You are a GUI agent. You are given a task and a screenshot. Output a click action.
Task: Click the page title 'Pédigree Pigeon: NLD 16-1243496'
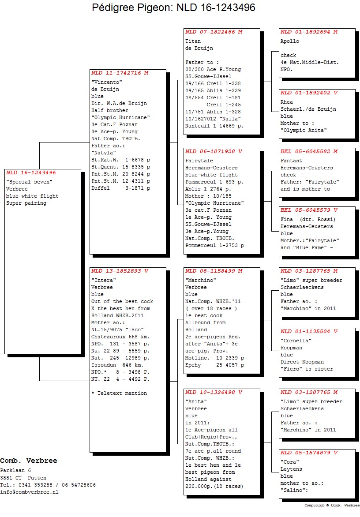pyautogui.click(x=173, y=7)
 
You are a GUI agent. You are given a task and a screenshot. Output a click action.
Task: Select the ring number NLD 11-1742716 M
pyautogui.click(x=120, y=73)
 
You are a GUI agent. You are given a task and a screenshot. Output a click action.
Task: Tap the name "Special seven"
pyautogui.click(x=29, y=182)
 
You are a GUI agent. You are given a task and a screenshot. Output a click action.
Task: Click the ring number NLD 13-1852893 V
pyautogui.click(x=120, y=271)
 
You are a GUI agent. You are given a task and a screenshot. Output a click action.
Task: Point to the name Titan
pyautogui.click(x=193, y=41)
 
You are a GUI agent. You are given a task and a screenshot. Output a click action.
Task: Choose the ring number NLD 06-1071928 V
pyautogui.click(x=214, y=151)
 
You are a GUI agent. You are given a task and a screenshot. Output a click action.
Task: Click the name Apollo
pyautogui.click(x=290, y=41)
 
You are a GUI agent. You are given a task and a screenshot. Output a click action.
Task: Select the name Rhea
pyautogui.click(x=286, y=102)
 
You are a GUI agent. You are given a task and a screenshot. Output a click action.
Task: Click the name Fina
pyautogui.click(x=286, y=220)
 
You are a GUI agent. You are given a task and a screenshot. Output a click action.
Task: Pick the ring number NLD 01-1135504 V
pyautogui.click(x=309, y=331)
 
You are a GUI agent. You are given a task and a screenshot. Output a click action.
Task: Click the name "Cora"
pyautogui.click(x=289, y=462)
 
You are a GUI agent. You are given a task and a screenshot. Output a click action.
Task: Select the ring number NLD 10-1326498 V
pyautogui.click(x=214, y=392)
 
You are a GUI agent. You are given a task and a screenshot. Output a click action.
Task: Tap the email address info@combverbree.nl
pyautogui.click(x=29, y=492)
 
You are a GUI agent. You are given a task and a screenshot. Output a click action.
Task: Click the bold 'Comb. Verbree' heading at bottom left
pyautogui.click(x=28, y=461)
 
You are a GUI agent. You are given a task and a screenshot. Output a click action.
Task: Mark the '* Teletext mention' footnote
pyautogui.click(x=119, y=393)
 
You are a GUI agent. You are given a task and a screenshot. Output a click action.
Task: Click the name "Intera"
pyautogui.click(x=104, y=280)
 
